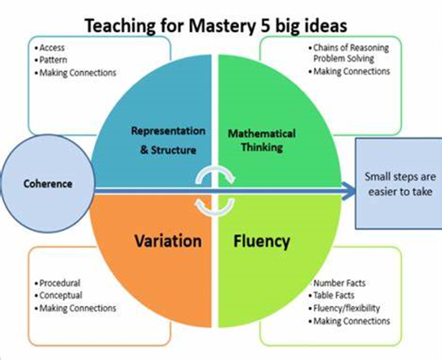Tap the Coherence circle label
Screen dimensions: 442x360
pyautogui.click(x=48, y=184)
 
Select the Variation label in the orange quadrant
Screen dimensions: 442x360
pyautogui.click(x=168, y=241)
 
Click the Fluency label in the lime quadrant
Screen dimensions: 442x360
pyautogui.click(x=262, y=242)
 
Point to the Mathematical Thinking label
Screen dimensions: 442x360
pyautogui.click(x=262, y=140)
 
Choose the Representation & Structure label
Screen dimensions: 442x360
pyautogui.click(x=168, y=140)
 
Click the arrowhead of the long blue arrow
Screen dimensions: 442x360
pyautogui.click(x=349, y=191)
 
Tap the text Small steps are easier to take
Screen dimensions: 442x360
pyautogui.click(x=400, y=184)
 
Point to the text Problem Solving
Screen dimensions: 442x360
pyautogui.click(x=343, y=59)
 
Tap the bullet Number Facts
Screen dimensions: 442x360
pyautogui.click(x=339, y=283)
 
